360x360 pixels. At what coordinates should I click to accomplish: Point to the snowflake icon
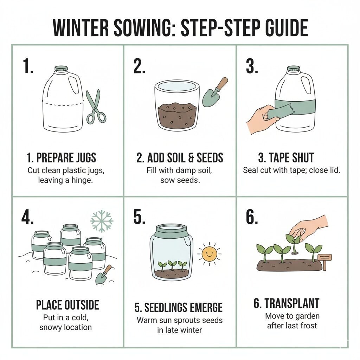coord(102,221)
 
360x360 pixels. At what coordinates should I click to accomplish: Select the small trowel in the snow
coord(103,274)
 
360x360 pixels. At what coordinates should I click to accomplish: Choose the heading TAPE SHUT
coord(291,157)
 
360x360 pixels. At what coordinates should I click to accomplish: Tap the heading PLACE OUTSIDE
coord(67,305)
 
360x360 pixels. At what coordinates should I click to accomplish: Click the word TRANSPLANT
coord(292,303)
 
